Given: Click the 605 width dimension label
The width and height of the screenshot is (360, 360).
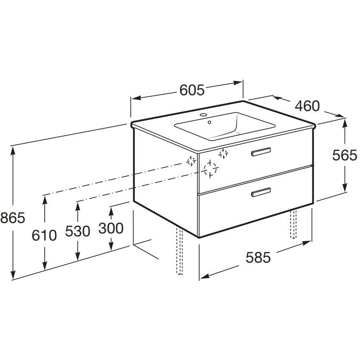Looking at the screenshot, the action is click(x=192, y=90).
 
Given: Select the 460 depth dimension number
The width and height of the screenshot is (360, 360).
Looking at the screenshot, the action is click(x=307, y=106).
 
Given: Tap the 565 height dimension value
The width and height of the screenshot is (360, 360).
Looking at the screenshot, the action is click(x=345, y=155).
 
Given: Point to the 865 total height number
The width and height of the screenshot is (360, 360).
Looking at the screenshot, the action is click(x=13, y=218).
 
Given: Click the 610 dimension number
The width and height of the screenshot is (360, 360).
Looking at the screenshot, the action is click(x=44, y=235).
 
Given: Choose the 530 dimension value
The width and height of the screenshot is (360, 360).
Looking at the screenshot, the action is click(x=78, y=231).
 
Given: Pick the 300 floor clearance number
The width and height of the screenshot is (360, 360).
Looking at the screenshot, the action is click(x=111, y=228).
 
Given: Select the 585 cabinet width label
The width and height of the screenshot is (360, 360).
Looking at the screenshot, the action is click(x=258, y=257).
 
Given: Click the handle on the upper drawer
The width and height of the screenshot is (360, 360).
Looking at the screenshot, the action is click(x=261, y=152).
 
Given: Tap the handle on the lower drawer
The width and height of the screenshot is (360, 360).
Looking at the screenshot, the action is click(x=261, y=193).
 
